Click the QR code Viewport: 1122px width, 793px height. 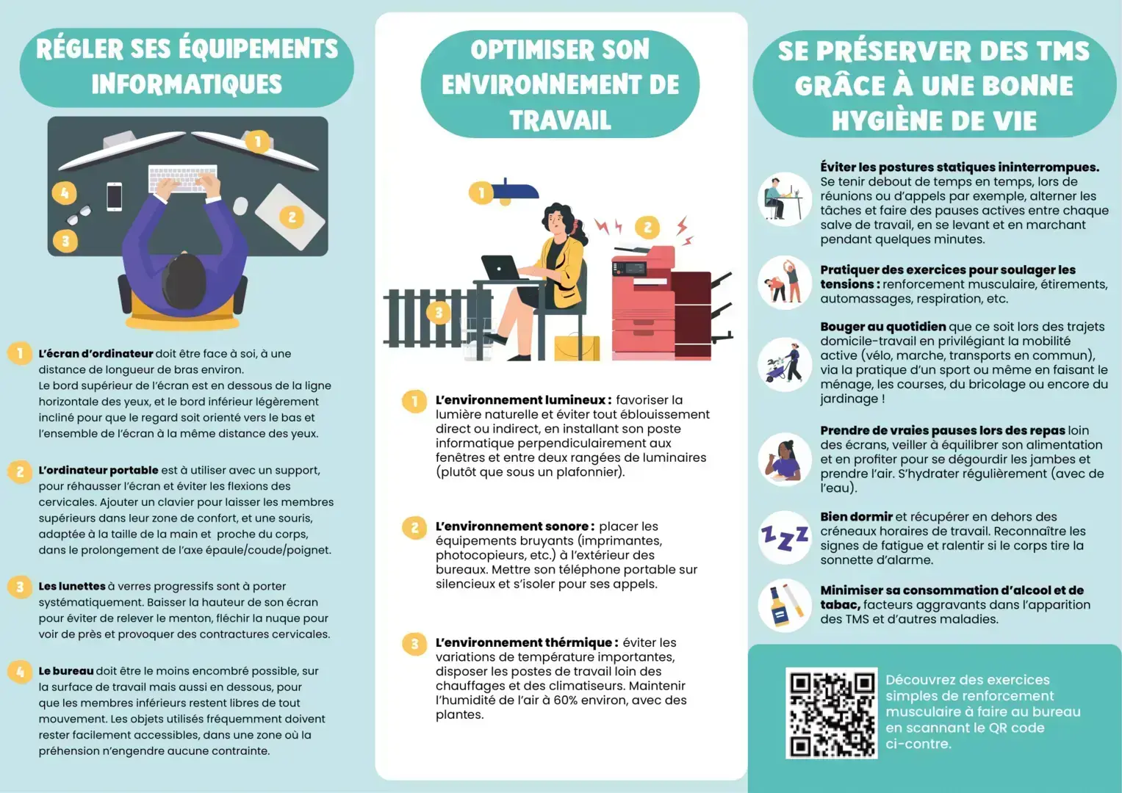(x=831, y=712)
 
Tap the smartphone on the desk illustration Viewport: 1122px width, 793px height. (x=114, y=196)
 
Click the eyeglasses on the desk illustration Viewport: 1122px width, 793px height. (x=80, y=215)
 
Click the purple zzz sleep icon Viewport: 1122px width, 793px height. (x=784, y=537)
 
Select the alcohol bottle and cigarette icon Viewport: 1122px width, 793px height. (x=784, y=605)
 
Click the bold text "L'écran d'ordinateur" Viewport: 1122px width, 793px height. (x=96, y=354)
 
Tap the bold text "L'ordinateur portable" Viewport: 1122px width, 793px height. (x=98, y=471)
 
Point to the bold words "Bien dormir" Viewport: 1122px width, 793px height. (x=856, y=517)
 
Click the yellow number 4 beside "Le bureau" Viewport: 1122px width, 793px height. (x=20, y=672)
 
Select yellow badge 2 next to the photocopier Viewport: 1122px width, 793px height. (x=647, y=228)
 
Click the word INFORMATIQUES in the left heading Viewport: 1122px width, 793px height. (x=187, y=84)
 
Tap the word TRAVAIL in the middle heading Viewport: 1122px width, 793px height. (x=560, y=120)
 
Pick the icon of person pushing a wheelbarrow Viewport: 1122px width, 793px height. (x=784, y=364)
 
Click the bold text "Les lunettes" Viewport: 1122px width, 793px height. (x=72, y=587)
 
